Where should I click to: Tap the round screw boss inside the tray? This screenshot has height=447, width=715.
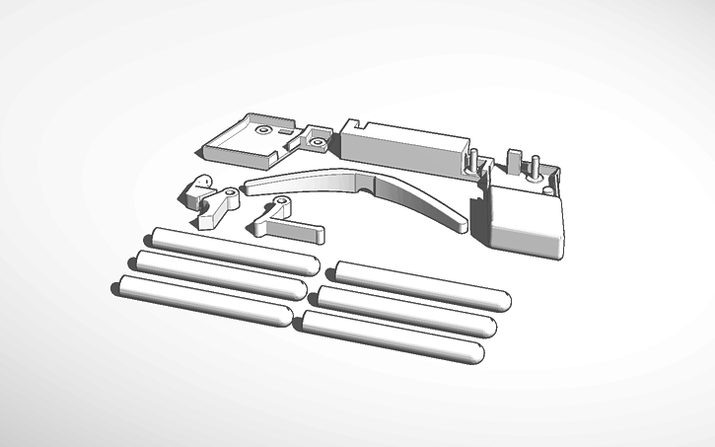click(263, 129)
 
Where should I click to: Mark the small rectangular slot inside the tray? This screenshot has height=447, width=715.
click(285, 128)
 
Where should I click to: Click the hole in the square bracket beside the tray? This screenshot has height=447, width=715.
click(317, 142)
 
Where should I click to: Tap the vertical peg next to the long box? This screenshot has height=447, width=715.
click(473, 158)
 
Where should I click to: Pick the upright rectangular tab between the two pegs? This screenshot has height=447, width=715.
click(513, 160)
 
